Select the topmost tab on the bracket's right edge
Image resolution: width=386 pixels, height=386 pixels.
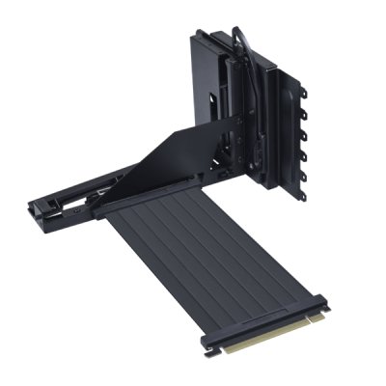[304, 95]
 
